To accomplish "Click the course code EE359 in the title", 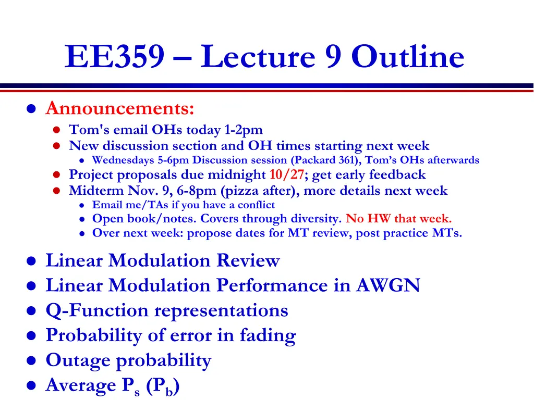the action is pos(115,56).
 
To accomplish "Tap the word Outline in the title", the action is pos(408,56).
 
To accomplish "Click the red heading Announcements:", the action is pos(120,108).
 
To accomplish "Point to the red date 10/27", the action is pos(286,174).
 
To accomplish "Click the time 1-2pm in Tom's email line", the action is pos(244,130).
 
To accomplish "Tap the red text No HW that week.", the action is pos(398,218).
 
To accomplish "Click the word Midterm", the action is pos(96,191).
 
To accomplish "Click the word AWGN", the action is pos(388,285).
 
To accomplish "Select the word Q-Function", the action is pos(97,310).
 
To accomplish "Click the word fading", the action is pos(268,336).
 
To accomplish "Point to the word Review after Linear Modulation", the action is pos(248,260).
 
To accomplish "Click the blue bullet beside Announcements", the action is pos(31,109).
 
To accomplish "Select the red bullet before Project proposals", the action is pos(56,175).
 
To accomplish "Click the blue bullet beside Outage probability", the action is pos(31,360).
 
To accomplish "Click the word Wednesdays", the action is pos(123,160).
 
